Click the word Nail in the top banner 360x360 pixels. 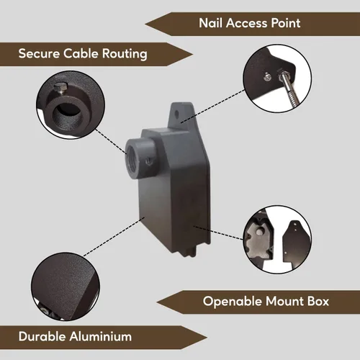(x=210, y=23)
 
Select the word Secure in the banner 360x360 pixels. (x=39, y=53)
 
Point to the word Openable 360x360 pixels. (x=233, y=302)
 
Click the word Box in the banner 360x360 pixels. (x=318, y=301)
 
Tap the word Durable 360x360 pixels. (x=42, y=336)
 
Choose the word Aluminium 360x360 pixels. (x=101, y=336)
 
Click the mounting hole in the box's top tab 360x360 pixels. (x=177, y=113)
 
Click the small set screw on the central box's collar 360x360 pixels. (x=149, y=162)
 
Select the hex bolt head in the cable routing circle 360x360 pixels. (x=61, y=89)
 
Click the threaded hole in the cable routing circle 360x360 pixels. (x=67, y=115)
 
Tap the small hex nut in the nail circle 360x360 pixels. (x=267, y=77)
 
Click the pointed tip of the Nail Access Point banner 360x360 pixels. (x=145, y=24)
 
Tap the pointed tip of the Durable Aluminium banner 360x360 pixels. (x=207, y=338)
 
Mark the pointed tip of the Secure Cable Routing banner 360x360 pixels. (x=193, y=55)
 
